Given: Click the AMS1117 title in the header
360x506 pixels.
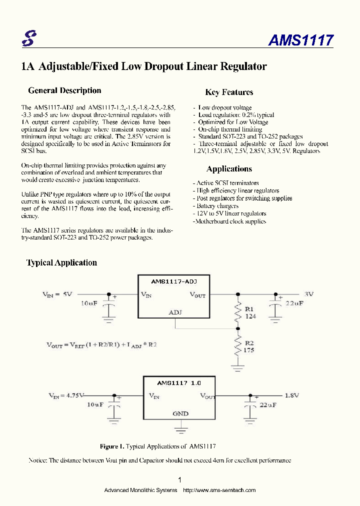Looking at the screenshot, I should (300, 40).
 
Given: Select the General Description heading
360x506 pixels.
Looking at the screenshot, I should (64, 90).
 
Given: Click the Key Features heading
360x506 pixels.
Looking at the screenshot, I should (229, 92).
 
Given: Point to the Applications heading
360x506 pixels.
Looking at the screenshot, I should (229, 168).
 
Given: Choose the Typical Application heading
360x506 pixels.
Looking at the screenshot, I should (61, 262).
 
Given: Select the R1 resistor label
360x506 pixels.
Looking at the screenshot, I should (249, 309).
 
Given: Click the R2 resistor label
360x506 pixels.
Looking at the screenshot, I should (249, 343).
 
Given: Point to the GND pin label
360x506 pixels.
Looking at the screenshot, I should (180, 413).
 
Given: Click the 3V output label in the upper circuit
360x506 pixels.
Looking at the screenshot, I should (308, 294).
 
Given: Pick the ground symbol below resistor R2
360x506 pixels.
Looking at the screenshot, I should (237, 367).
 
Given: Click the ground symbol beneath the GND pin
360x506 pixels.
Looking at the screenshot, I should (180, 428).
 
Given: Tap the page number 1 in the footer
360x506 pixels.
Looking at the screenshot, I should (180, 479).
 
